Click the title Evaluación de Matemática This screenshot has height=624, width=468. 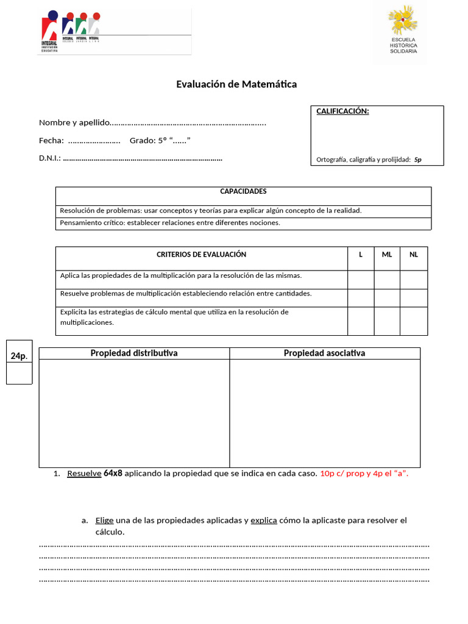tap(236, 84)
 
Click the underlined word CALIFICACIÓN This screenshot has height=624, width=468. tap(342, 111)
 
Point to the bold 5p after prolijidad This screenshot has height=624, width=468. tap(417, 160)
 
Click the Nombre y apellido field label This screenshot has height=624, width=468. tap(74, 123)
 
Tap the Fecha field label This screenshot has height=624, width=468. tap(51, 141)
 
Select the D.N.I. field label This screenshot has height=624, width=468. tap(49, 158)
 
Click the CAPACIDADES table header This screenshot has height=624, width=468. tap(243, 191)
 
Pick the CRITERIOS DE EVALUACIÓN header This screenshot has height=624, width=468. tap(201, 254)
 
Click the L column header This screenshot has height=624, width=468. tap(361, 254)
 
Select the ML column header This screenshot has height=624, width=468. tap(387, 254)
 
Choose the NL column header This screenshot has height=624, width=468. tap(414, 254)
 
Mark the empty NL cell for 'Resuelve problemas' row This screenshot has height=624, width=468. tap(414, 298)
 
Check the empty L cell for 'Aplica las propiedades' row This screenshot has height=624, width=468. tap(361, 280)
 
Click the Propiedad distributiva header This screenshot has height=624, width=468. tap(134, 353)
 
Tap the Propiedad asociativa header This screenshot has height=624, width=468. tap(324, 353)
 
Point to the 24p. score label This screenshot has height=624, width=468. tap(19, 356)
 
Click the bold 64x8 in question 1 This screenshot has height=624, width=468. tap(113, 473)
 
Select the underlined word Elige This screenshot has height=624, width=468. tap(104, 520)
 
